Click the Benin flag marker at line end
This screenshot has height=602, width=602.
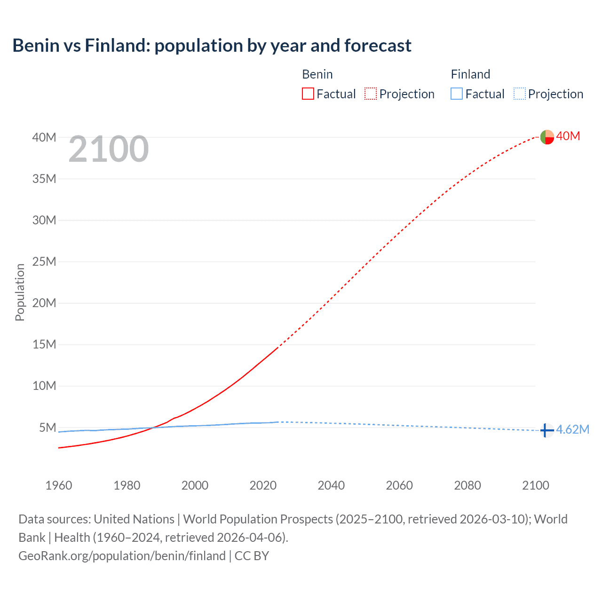(x=547, y=137)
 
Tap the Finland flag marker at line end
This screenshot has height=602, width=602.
(x=547, y=430)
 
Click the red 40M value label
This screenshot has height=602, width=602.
(x=568, y=136)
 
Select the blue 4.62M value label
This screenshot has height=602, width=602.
(x=572, y=429)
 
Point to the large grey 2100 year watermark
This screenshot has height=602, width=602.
(x=109, y=150)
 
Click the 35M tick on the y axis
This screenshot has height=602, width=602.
(x=44, y=179)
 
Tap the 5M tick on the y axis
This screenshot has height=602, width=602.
(x=48, y=428)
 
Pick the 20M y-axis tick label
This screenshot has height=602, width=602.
(x=44, y=303)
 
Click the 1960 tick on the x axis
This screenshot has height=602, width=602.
(x=59, y=485)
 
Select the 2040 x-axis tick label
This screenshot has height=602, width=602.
(x=331, y=485)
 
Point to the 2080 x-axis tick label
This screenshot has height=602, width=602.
(x=467, y=485)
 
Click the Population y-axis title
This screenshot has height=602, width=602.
(x=20, y=292)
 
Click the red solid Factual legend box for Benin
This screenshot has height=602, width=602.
(x=308, y=94)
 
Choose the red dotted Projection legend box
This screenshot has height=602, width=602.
(x=371, y=94)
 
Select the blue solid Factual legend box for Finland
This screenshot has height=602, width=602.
(x=457, y=94)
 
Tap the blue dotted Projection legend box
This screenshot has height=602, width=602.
(x=520, y=94)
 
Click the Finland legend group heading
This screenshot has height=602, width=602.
(x=470, y=74)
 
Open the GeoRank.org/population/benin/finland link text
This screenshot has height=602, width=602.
(x=122, y=556)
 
